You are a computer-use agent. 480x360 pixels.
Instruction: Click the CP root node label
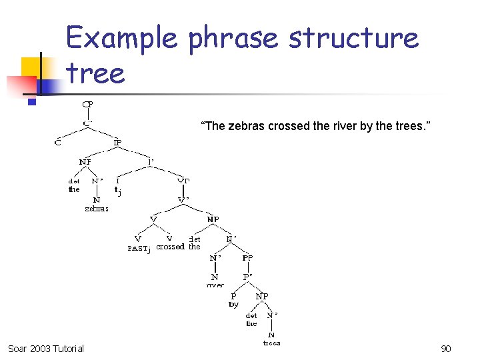[87, 104]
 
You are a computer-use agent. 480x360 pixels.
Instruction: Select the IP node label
[117, 142]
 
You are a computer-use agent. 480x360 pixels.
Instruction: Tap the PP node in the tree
[247, 257]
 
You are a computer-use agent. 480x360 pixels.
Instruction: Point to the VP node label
[183, 181]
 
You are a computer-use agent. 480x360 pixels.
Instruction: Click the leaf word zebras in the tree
[97, 209]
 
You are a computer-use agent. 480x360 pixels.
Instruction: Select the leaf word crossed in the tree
[170, 247]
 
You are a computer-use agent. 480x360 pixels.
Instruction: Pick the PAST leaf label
[138, 249]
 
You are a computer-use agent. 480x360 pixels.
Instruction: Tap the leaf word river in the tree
[215, 285]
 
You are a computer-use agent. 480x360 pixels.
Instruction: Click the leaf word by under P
[233, 304]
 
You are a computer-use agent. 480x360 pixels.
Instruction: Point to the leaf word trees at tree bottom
[271, 343]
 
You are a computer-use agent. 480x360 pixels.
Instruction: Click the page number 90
[446, 349]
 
